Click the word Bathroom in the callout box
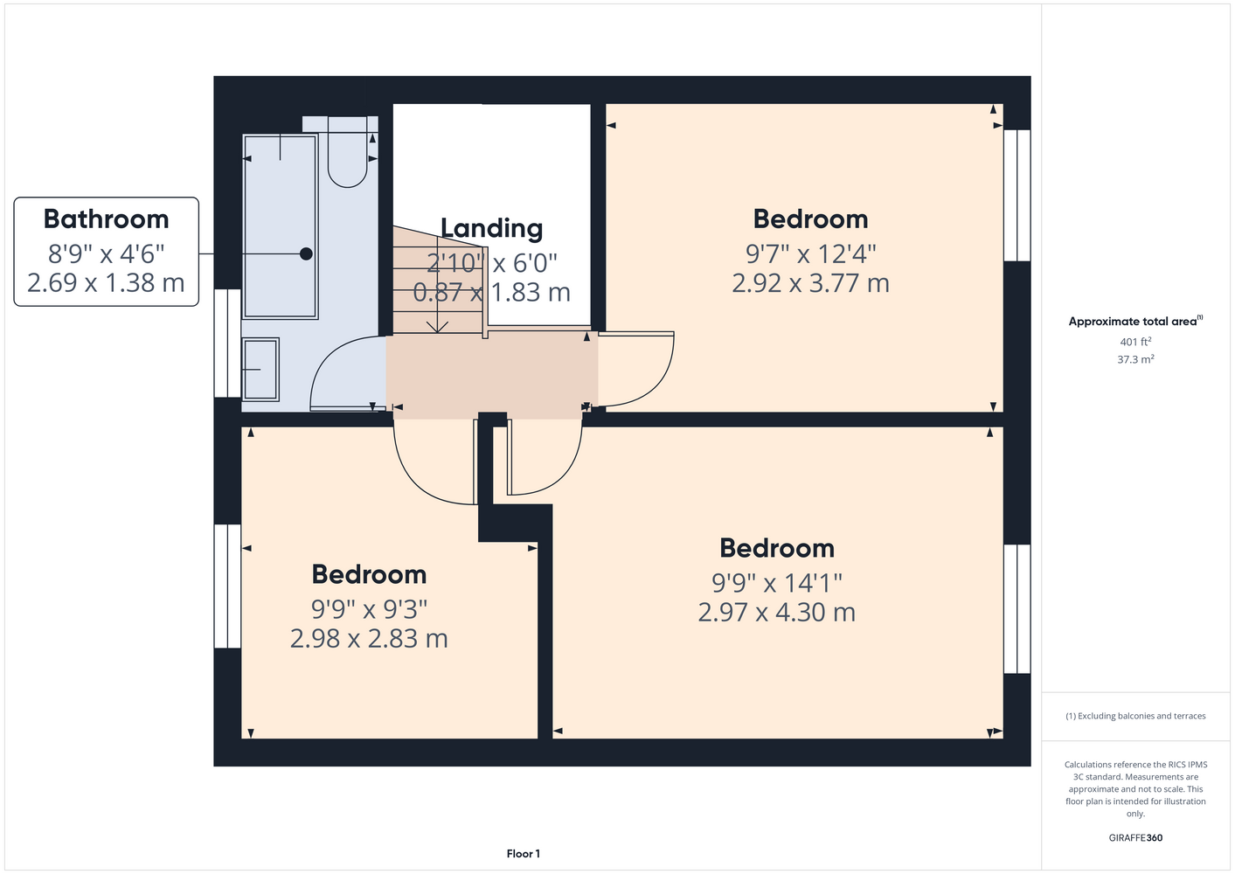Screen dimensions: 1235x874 pyautogui.click(x=107, y=218)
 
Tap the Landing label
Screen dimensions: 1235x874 pyautogui.click(x=492, y=228)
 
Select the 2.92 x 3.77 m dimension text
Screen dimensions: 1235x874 pyautogui.click(x=810, y=283)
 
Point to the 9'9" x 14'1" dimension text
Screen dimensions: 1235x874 pyautogui.click(x=777, y=582)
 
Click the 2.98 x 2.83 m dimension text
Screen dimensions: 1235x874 pyautogui.click(x=369, y=639)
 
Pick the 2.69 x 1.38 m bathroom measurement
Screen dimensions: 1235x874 pyautogui.click(x=106, y=283)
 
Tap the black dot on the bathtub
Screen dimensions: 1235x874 pyautogui.click(x=306, y=253)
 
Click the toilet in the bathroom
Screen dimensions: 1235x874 pyautogui.click(x=347, y=152)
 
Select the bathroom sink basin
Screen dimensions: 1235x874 pyautogui.click(x=260, y=369)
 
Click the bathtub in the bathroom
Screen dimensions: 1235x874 pyautogui.click(x=280, y=226)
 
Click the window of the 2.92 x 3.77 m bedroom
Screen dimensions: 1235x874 pyautogui.click(x=1016, y=195)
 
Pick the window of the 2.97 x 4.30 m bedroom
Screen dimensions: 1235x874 pyautogui.click(x=1016, y=609)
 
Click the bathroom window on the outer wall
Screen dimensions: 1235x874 pyautogui.click(x=227, y=343)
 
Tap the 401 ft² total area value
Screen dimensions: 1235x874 pyautogui.click(x=1135, y=342)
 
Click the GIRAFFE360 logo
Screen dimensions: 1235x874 pyautogui.click(x=1135, y=837)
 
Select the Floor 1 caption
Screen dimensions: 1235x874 pyautogui.click(x=524, y=854)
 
